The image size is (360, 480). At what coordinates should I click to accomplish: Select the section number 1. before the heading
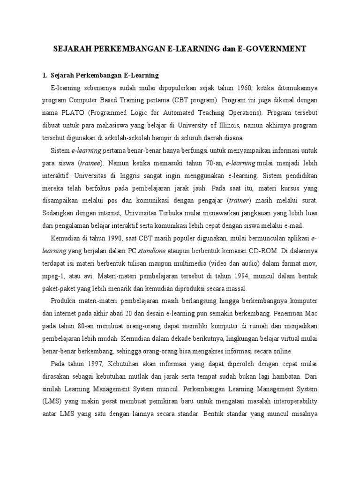[x=45, y=75]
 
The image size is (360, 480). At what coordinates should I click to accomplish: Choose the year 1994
[x=230, y=274]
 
